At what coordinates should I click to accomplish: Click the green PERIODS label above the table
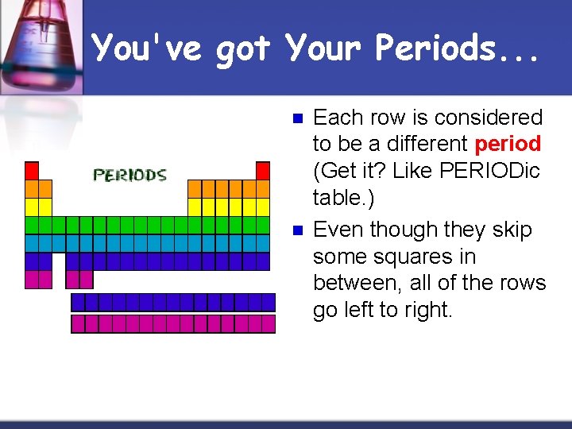130,175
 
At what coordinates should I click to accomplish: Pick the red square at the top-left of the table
32,171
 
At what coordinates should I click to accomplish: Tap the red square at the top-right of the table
263,171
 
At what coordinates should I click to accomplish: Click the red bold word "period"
508,145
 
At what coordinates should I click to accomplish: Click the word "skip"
513,230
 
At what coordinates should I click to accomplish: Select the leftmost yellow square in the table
32,207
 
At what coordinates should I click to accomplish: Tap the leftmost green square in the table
32,225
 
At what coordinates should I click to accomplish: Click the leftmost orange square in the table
32,189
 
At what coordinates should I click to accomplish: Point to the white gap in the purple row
58,261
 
